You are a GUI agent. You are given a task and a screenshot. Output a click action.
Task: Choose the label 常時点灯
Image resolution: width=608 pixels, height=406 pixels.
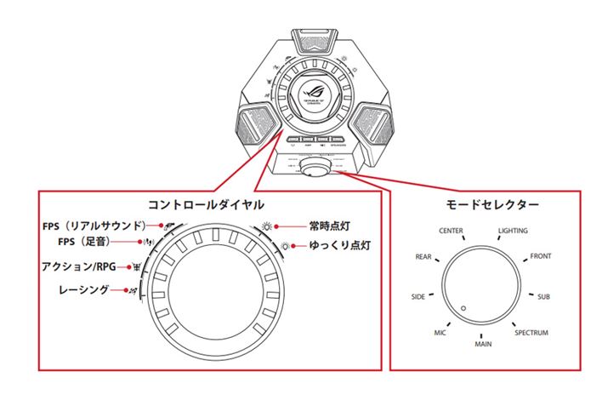(331, 227)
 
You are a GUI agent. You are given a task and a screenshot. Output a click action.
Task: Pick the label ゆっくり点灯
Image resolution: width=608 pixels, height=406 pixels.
(339, 245)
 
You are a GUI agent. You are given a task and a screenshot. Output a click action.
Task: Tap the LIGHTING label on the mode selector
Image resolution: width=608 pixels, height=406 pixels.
(513, 232)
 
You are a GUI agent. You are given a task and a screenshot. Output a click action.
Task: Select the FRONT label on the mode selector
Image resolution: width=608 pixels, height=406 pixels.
(541, 256)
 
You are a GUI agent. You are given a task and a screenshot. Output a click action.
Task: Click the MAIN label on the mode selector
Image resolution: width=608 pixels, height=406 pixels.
(483, 345)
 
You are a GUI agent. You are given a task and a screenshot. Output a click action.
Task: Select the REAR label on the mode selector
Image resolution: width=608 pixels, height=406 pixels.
(423, 256)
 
